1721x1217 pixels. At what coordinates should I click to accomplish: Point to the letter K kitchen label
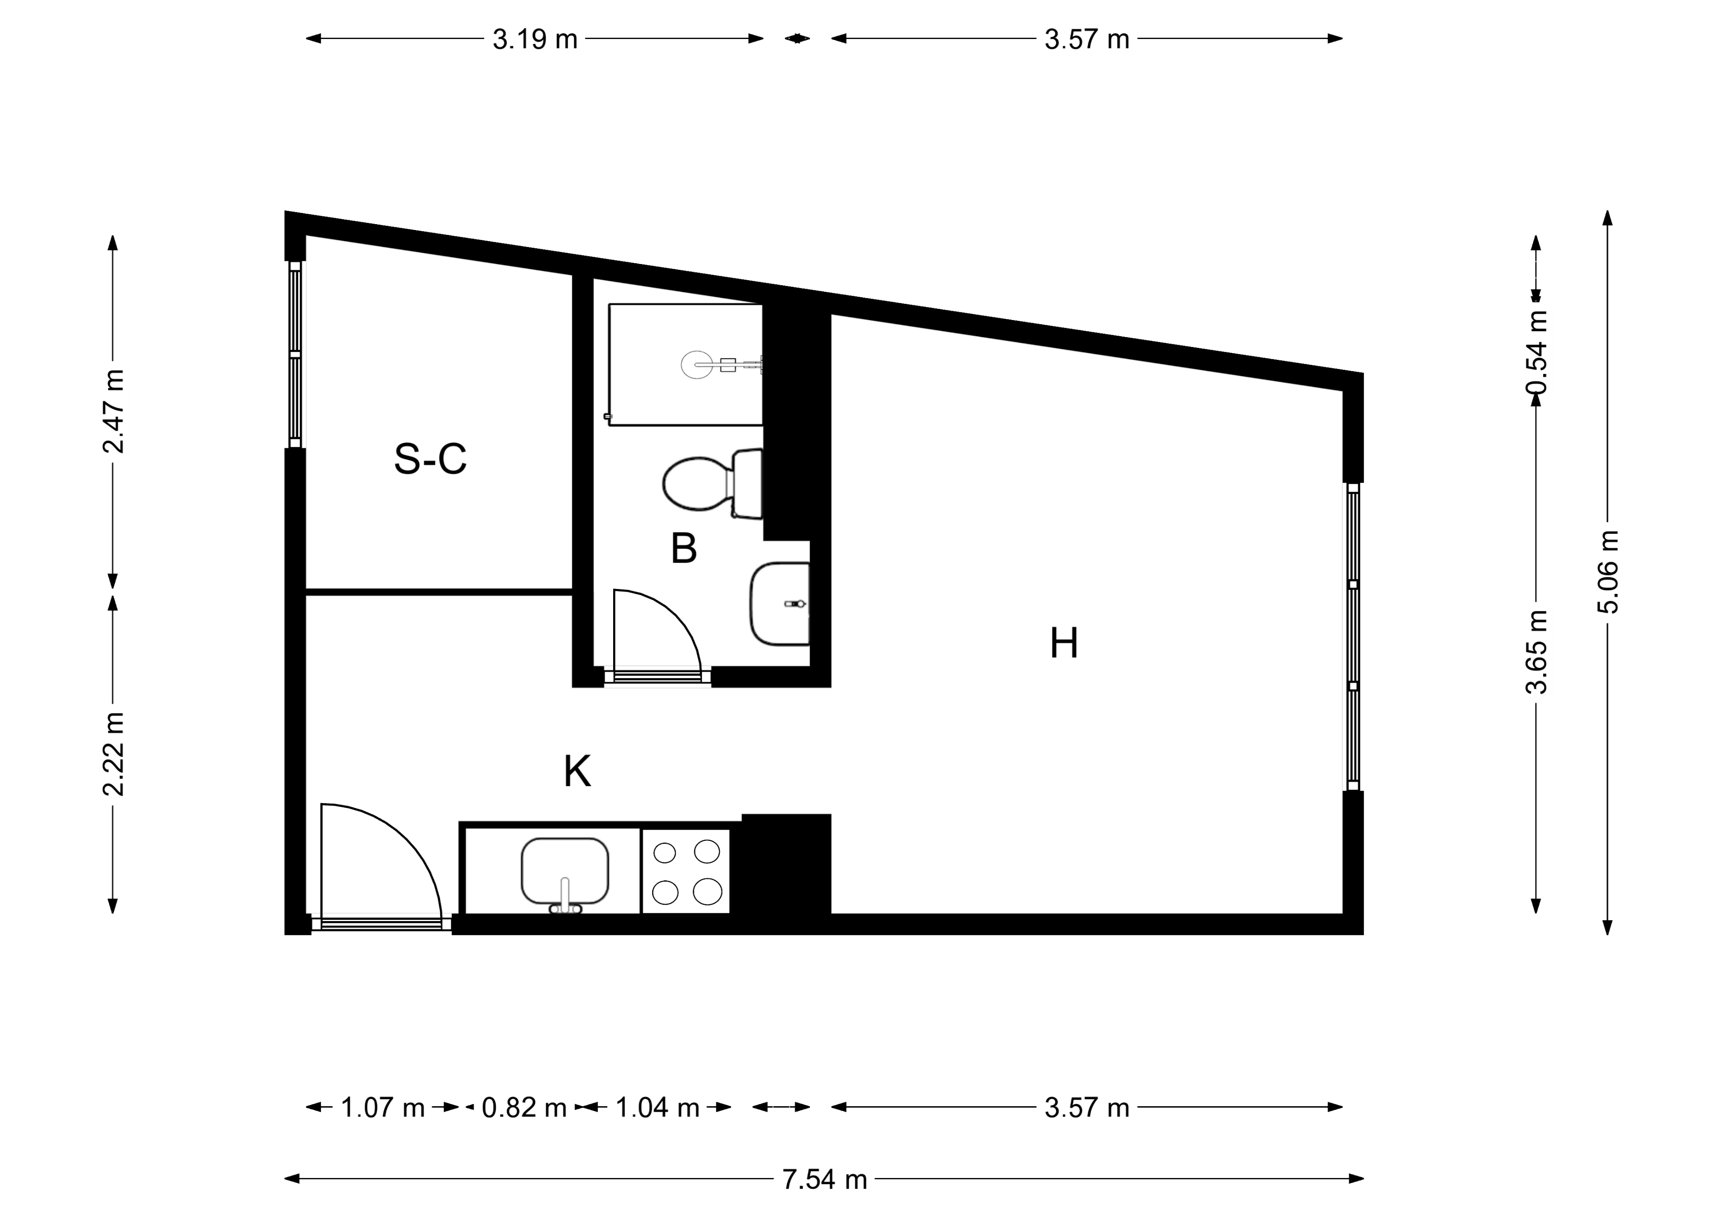click(577, 771)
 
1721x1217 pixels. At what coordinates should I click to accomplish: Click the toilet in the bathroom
click(712, 484)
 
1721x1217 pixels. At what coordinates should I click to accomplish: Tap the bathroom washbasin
click(779, 604)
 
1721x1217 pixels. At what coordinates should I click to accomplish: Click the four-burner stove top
click(686, 871)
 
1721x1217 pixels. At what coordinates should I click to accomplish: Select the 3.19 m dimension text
click(535, 39)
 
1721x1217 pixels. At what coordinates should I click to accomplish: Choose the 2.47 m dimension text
click(114, 411)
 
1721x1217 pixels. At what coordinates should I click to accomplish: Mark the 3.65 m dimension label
click(1537, 652)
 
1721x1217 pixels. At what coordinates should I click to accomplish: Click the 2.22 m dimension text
click(114, 754)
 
